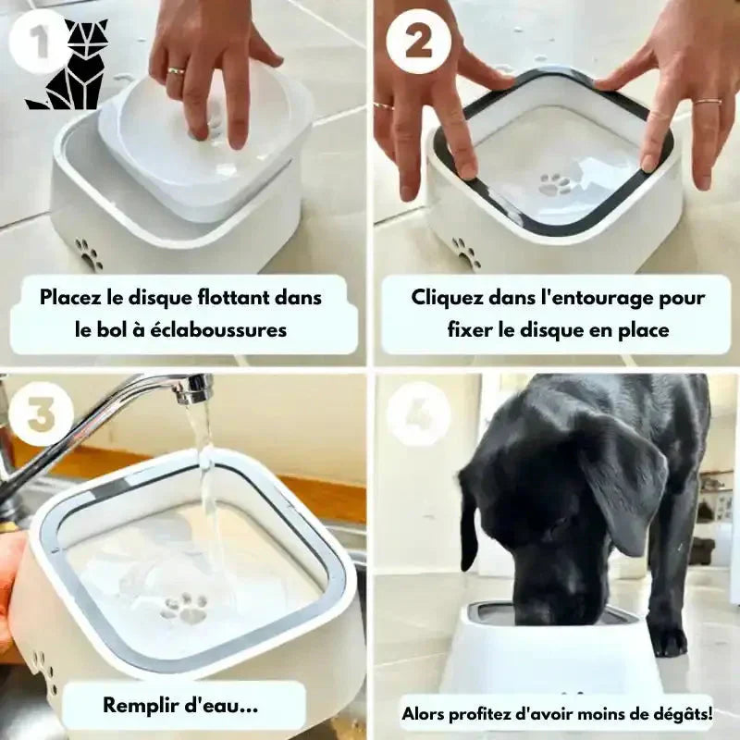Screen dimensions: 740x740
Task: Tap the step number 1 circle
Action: pyautogui.click(x=39, y=42)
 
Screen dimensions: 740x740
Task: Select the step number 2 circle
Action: pyautogui.click(x=419, y=42)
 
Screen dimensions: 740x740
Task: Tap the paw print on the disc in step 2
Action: pyautogui.click(x=555, y=184)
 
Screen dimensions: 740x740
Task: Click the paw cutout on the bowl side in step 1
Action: pyautogui.click(x=89, y=254)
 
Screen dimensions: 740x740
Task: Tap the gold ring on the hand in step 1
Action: pyautogui.click(x=176, y=71)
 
